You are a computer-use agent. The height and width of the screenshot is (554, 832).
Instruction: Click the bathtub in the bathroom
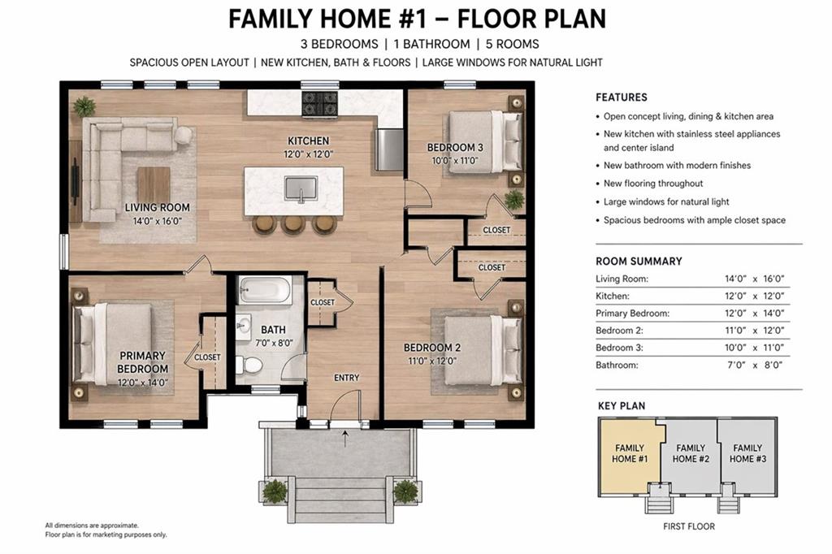(x=264, y=290)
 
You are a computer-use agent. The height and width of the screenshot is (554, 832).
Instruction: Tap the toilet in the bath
(x=249, y=366)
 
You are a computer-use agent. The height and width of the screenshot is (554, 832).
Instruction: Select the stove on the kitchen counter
(x=319, y=103)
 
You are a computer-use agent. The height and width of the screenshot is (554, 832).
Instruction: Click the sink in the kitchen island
(x=301, y=189)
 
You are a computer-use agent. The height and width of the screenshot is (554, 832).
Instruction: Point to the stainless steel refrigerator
(x=390, y=149)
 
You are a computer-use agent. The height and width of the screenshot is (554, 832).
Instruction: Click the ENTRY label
(x=347, y=378)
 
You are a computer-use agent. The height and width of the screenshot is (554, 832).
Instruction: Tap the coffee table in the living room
(x=153, y=184)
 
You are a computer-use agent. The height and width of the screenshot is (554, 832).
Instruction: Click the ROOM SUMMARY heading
(x=639, y=262)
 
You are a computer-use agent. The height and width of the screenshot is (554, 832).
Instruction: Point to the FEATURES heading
(x=622, y=97)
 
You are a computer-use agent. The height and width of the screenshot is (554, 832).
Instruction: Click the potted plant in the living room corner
(x=84, y=105)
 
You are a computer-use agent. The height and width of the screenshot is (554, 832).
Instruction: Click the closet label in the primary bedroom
(x=207, y=357)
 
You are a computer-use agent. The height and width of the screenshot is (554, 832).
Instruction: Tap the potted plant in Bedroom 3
(x=513, y=199)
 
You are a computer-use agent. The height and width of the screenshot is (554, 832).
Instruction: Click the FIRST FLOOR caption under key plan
(x=688, y=526)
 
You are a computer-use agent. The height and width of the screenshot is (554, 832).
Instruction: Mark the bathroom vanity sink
(x=244, y=327)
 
